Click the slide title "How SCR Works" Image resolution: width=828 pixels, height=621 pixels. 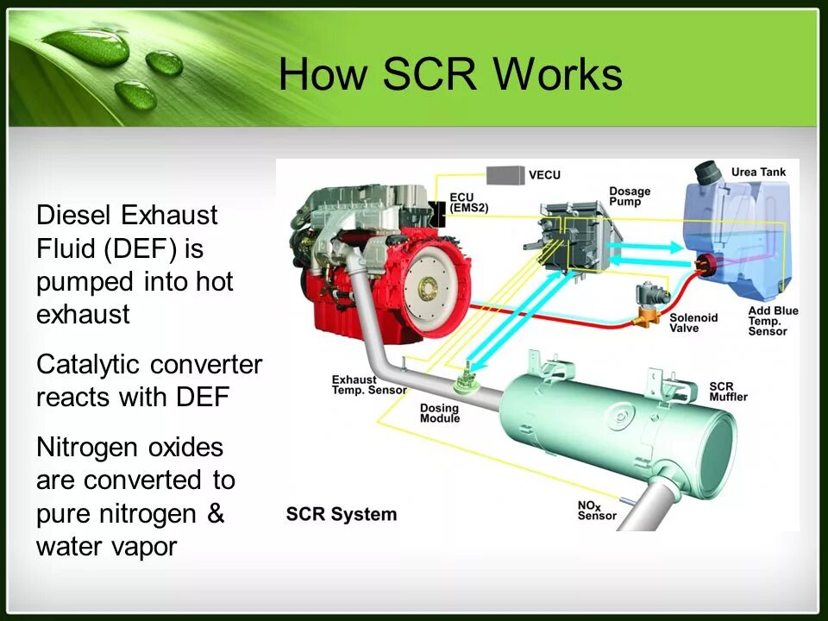[x=450, y=74]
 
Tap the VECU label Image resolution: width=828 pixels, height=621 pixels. [x=544, y=175]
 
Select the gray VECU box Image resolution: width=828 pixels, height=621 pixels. [x=505, y=174]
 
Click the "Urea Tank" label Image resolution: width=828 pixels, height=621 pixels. [x=758, y=172]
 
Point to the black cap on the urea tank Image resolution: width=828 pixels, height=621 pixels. [x=708, y=170]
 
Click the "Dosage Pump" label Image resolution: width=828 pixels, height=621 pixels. [x=630, y=197]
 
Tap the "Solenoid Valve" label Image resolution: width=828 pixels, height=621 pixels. [x=693, y=323]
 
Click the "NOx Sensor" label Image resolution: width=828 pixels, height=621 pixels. [x=597, y=510]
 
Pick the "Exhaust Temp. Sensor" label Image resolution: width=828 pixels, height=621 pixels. [x=365, y=385]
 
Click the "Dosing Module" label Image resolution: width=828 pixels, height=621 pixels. [x=440, y=413]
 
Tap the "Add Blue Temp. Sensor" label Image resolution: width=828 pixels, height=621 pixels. [x=774, y=321]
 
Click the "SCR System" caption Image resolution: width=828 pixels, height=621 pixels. [x=342, y=515]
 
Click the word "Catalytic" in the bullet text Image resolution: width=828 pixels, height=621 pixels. [x=89, y=365]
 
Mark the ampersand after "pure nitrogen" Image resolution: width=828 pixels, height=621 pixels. [x=216, y=514]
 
